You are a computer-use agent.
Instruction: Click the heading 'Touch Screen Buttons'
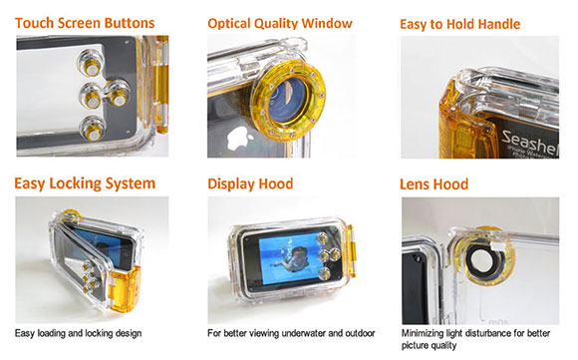click(x=85, y=23)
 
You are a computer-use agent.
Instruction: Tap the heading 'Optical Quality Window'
click(x=280, y=23)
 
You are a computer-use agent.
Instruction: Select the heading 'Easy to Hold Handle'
click(x=460, y=24)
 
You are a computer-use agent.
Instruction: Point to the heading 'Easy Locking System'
click(x=85, y=183)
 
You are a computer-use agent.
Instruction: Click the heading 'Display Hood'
click(x=250, y=183)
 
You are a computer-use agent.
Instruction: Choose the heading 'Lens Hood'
click(x=433, y=184)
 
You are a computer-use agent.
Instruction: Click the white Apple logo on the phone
click(x=239, y=139)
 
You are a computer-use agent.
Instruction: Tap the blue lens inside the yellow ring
click(x=288, y=101)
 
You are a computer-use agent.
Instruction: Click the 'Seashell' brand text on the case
click(x=530, y=142)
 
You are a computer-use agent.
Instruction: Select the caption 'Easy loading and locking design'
click(x=78, y=333)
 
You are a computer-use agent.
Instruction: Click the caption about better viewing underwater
click(x=291, y=333)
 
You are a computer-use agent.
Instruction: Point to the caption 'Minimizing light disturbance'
click(x=475, y=339)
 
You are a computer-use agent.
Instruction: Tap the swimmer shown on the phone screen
click(x=294, y=259)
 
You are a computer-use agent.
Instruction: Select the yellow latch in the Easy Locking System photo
click(x=125, y=289)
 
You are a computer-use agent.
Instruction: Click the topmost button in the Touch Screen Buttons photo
click(x=91, y=63)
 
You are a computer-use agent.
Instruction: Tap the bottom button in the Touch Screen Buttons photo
click(x=93, y=129)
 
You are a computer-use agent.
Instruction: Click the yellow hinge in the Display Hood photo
click(x=351, y=251)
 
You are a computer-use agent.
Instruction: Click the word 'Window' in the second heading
click(x=327, y=23)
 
